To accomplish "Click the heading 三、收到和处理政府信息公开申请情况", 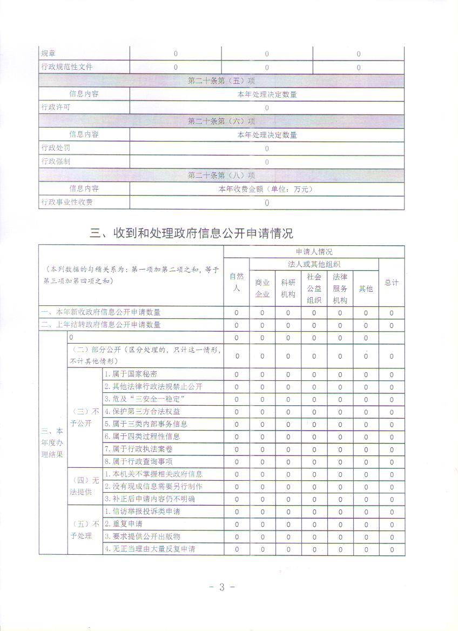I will pyautogui.click(x=191, y=233).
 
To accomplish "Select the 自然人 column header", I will pyautogui.click(x=236, y=282).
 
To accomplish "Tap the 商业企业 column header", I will pyautogui.click(x=262, y=288).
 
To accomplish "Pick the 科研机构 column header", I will pyautogui.click(x=288, y=288).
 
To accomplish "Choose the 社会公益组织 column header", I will pyautogui.click(x=314, y=288).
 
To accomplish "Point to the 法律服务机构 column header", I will pyautogui.click(x=340, y=288).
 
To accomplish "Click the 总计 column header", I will pyautogui.click(x=392, y=283).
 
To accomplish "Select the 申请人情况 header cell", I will pyautogui.click(x=314, y=252).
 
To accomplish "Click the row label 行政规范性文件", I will pyautogui.click(x=67, y=67).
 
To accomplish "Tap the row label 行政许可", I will pyautogui.click(x=56, y=108).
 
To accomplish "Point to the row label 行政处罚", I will pyautogui.click(x=56, y=148).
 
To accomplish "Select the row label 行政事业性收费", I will pyautogui.click(x=67, y=202).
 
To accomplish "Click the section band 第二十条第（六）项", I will pyautogui.click(x=221, y=121).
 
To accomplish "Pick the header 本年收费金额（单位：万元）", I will pyautogui.click(x=266, y=189).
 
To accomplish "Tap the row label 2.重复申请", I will pyautogui.click(x=124, y=524).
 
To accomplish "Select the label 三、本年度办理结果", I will pyautogui.click(x=52, y=442).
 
